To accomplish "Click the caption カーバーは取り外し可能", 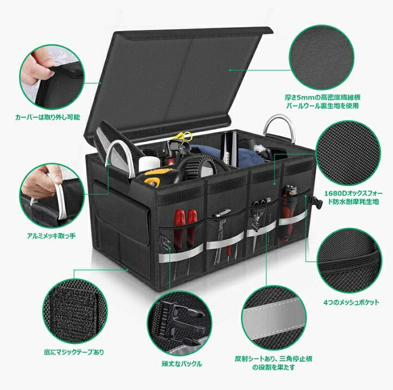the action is coord(48,117).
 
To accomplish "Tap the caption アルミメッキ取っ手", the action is coord(51,236).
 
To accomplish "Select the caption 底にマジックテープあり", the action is coord(74,352).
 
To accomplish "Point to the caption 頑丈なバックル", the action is coord(182,363).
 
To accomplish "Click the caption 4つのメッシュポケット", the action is coord(351,302).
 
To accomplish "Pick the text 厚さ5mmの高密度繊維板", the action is coord(322,97).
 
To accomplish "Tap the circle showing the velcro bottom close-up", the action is coord(75,311).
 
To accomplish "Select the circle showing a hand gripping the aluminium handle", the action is coord(52,196).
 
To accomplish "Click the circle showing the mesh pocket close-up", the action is coord(350,260).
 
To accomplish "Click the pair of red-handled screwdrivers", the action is coord(186,231).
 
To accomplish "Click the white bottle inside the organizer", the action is coord(149,164).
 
